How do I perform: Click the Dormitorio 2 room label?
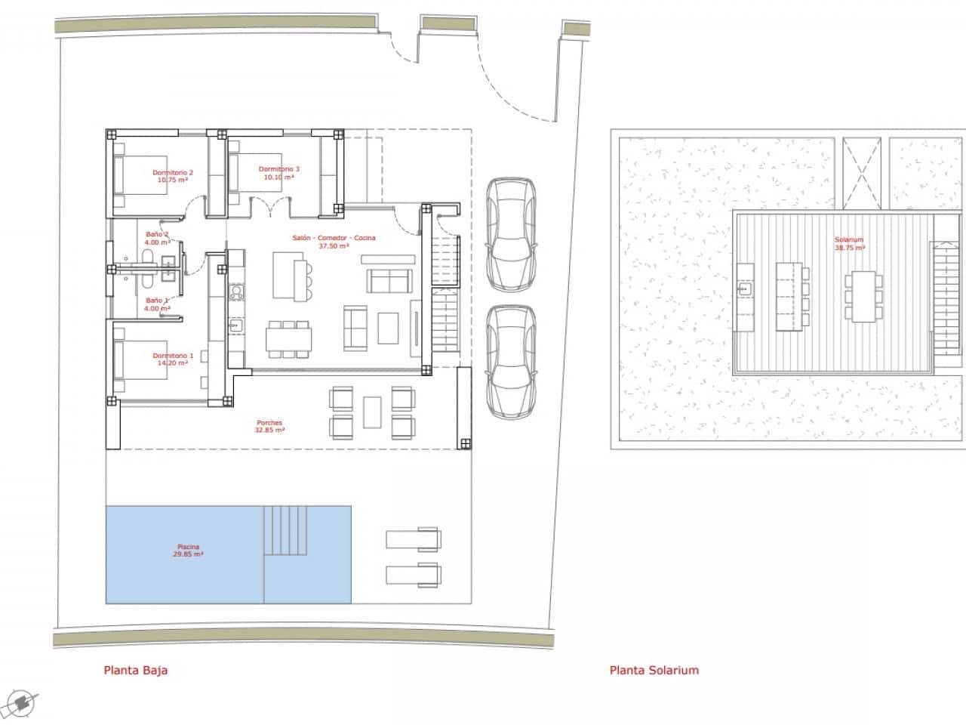tap(172, 176)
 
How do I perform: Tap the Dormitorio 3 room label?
tap(278, 173)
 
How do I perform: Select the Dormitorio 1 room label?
tap(173, 359)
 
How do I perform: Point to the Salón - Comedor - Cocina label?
tap(334, 242)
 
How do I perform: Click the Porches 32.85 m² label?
tap(269, 426)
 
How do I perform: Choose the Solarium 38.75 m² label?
tap(849, 243)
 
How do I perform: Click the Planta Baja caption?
tap(135, 670)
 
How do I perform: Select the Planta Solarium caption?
tap(654, 670)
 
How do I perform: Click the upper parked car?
tap(511, 234)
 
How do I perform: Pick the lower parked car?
tap(511, 361)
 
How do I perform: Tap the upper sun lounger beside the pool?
tap(414, 539)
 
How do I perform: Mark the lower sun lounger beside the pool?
tap(414, 575)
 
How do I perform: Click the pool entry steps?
tap(286, 531)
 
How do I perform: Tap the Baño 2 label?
tap(157, 238)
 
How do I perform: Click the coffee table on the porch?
tap(372, 412)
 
